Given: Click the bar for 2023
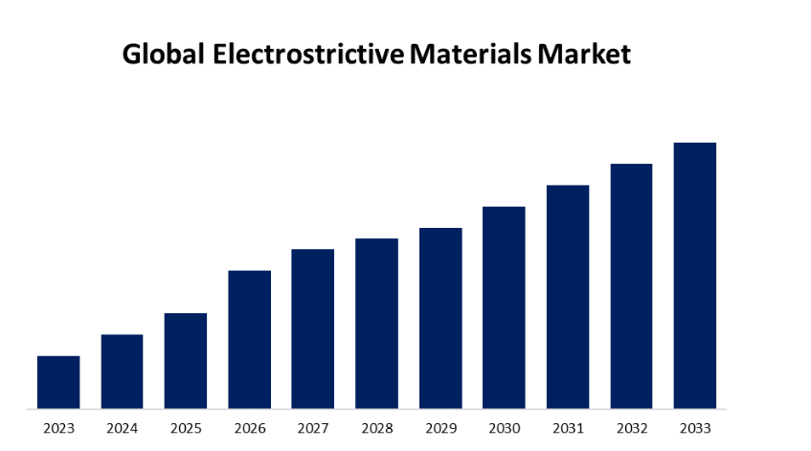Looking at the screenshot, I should pyautogui.click(x=58, y=382).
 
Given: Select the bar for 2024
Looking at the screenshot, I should pyautogui.click(x=122, y=372).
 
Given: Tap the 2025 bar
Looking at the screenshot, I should pyautogui.click(x=186, y=361).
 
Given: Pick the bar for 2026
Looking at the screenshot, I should pyautogui.click(x=249, y=340).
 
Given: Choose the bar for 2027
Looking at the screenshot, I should pyautogui.click(x=313, y=329).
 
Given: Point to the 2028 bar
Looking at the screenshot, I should pyautogui.click(x=376, y=324).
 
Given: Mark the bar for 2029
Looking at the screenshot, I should pyautogui.click(x=440, y=319).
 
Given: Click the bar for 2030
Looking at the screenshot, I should pyautogui.click(x=504, y=307).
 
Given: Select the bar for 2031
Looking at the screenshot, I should pyautogui.click(x=568, y=297).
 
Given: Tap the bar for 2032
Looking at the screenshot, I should pyautogui.click(x=631, y=286).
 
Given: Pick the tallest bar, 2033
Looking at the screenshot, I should pyautogui.click(x=695, y=276).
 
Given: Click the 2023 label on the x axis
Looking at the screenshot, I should pyautogui.click(x=58, y=428).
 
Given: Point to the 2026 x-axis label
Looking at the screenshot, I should pyautogui.click(x=249, y=428).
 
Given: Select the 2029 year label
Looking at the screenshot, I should pyautogui.click(x=440, y=428).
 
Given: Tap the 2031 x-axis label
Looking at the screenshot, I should pyautogui.click(x=568, y=428).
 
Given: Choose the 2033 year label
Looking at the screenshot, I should pyautogui.click(x=695, y=428).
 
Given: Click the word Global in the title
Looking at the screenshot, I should pyautogui.click(x=164, y=55).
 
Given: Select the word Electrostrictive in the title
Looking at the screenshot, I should pyautogui.click(x=308, y=55).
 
